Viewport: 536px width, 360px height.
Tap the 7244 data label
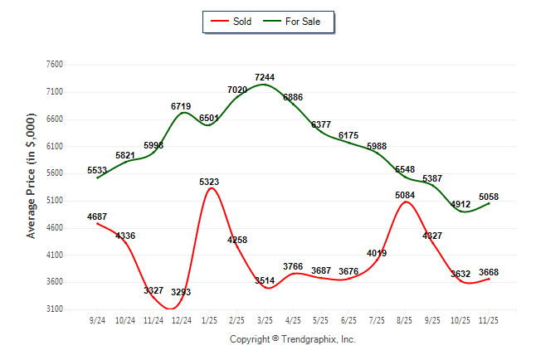(x=265, y=77)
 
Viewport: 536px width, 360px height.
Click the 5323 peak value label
(x=209, y=181)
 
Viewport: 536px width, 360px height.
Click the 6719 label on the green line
(x=181, y=106)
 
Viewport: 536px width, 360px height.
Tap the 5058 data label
(x=489, y=197)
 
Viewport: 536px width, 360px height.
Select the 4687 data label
(x=97, y=216)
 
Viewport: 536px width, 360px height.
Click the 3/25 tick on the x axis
(x=265, y=319)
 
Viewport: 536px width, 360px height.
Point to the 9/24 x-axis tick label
(x=97, y=319)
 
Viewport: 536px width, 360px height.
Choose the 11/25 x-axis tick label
(x=489, y=319)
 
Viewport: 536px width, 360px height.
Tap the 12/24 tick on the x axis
(x=181, y=319)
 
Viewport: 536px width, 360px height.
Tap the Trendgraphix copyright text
(x=292, y=339)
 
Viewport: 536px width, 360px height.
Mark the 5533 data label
(x=97, y=169)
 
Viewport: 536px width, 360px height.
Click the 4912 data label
(x=460, y=203)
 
